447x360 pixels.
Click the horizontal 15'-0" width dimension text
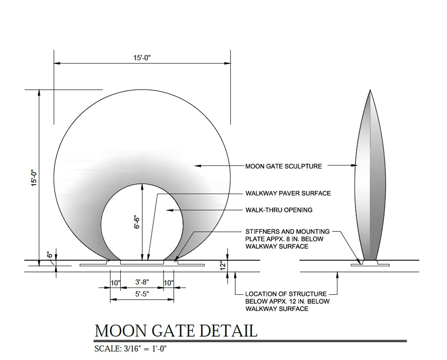[x=142, y=58]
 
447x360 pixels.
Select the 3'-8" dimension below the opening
[x=142, y=283]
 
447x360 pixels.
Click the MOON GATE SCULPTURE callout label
[x=283, y=166]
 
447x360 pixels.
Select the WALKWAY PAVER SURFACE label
[x=288, y=194]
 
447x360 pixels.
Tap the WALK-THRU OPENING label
[x=279, y=210]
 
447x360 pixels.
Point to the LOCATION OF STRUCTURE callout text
[x=286, y=294]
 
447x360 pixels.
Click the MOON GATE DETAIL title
[x=176, y=330]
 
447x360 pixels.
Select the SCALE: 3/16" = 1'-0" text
[x=131, y=349]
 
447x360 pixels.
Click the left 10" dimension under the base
[x=115, y=283]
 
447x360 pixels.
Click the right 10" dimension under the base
[x=169, y=283]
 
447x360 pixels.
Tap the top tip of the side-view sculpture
[x=370, y=90]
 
